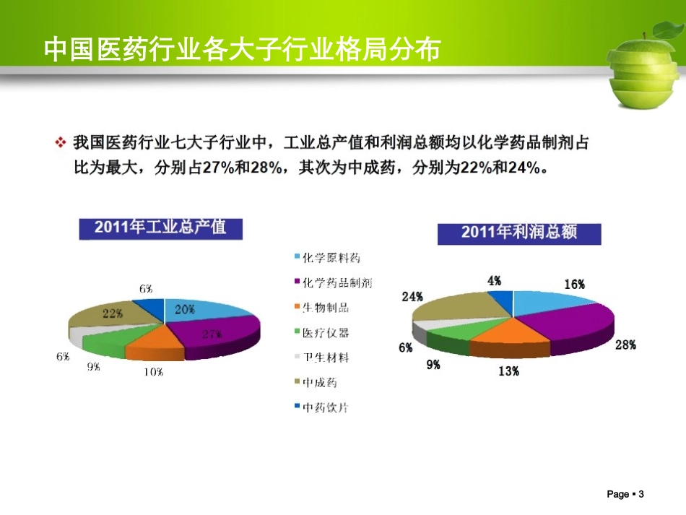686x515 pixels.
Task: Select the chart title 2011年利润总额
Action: pyautogui.click(x=518, y=233)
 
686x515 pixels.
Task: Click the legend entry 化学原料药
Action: pyautogui.click(x=331, y=258)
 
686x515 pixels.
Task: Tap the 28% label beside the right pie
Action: pyautogui.click(x=625, y=345)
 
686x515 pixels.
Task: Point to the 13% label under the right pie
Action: pyautogui.click(x=508, y=371)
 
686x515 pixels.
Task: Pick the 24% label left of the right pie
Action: pyautogui.click(x=412, y=296)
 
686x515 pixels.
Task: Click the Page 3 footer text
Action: pyautogui.click(x=625, y=494)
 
